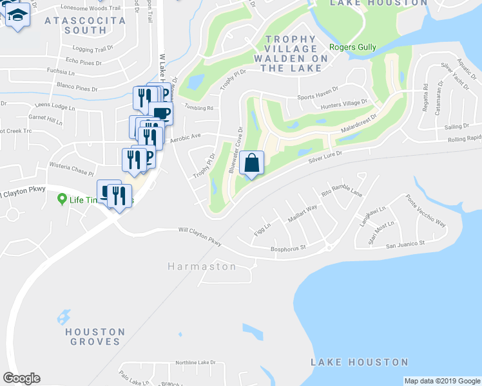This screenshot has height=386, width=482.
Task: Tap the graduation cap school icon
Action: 17,15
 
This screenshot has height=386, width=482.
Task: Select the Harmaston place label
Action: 202,266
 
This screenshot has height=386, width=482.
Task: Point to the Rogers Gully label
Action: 352,47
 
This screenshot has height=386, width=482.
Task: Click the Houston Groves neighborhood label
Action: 95,336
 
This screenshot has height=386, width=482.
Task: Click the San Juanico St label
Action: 406,244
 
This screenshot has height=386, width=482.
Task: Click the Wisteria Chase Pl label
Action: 72,169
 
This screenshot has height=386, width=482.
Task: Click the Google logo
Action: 21,378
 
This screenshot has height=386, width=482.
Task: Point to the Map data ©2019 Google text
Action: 442,381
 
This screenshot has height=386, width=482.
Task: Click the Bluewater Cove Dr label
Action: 235,150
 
